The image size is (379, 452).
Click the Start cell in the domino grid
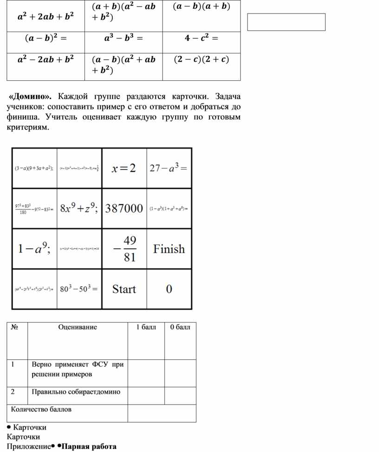[x=124, y=289]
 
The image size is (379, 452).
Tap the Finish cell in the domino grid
[x=169, y=249]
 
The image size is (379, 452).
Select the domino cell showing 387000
[x=124, y=209]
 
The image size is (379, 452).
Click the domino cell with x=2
[x=124, y=168]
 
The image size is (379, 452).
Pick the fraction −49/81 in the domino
[x=124, y=249]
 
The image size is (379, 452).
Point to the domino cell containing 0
[x=169, y=289]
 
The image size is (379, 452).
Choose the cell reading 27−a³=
[x=169, y=168]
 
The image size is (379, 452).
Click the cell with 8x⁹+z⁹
[x=79, y=209]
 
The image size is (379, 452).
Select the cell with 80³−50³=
[x=79, y=289]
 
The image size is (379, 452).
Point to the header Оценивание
[x=78, y=327]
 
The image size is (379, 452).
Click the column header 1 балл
[x=146, y=327]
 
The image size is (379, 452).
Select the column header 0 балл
[x=180, y=327]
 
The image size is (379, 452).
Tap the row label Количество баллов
[x=41, y=409]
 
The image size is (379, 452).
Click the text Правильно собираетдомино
[x=76, y=392]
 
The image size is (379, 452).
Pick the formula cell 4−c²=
[x=201, y=38]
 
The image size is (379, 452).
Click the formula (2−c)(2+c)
[x=201, y=59]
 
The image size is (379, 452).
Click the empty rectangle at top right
[x=286, y=22]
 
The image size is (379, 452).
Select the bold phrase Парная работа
[x=89, y=446]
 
